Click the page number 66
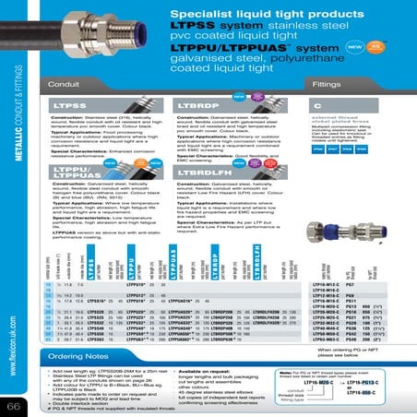(15, 406)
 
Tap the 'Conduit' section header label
(59, 85)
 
